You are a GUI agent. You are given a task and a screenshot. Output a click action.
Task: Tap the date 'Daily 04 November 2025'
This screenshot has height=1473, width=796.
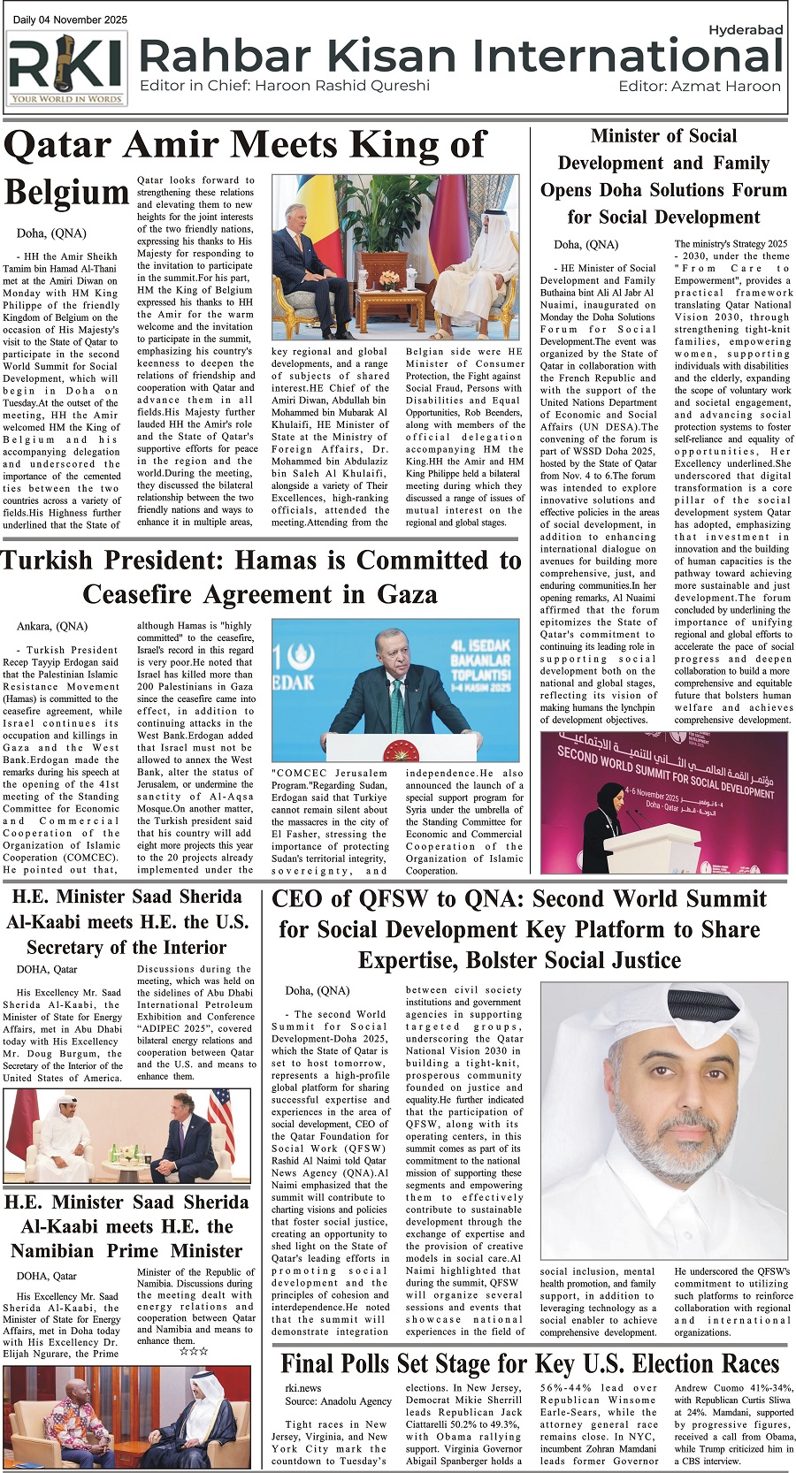tap(70, 19)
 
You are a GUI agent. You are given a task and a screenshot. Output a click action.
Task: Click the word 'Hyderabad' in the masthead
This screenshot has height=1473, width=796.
tap(746, 30)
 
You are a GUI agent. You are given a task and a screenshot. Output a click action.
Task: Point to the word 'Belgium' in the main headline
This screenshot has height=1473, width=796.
tap(66, 193)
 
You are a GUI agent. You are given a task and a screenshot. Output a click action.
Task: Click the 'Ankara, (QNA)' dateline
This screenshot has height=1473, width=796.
tap(52, 626)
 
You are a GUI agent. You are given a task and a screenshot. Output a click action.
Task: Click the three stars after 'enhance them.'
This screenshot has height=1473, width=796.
tap(193, 1352)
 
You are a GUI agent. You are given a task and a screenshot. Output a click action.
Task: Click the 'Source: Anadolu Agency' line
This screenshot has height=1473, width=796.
tap(338, 1401)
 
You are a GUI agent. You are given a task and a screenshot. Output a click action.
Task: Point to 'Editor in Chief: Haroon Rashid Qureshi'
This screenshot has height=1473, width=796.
tap(285, 86)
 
